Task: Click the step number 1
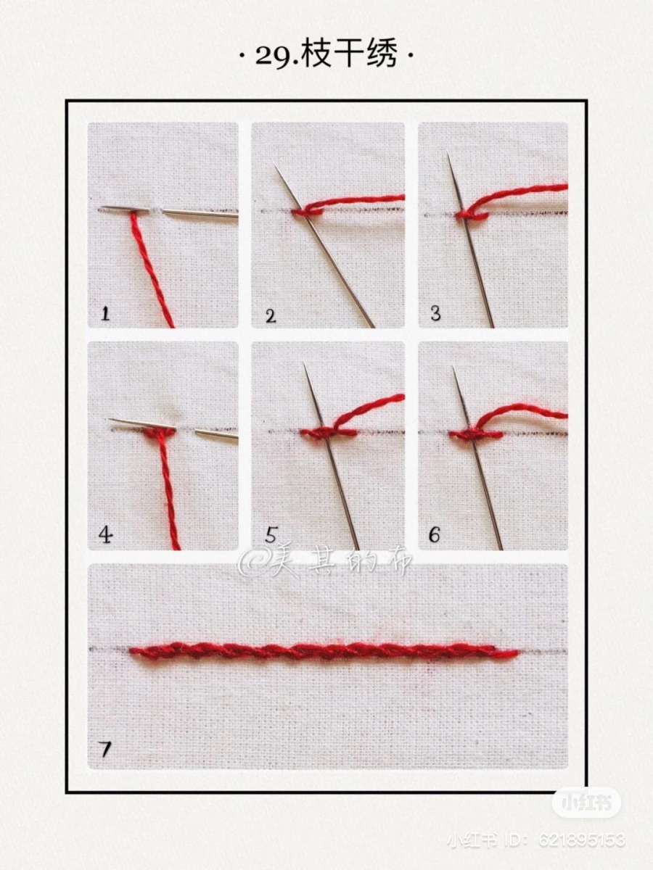click(105, 313)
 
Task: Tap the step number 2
click(271, 316)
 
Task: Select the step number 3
click(435, 313)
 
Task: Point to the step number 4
click(105, 535)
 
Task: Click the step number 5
click(271, 535)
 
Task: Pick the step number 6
click(434, 535)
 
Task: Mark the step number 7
click(105, 749)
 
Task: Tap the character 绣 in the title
click(382, 55)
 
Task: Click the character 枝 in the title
click(316, 55)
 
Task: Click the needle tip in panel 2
click(275, 167)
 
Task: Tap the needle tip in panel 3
click(448, 152)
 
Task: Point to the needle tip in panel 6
click(453, 367)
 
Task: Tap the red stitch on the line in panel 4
click(160, 433)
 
